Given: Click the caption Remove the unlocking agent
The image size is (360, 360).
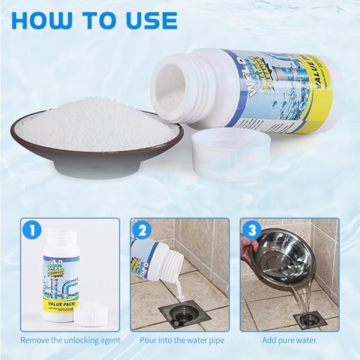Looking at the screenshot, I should pyautogui.click(x=71, y=340).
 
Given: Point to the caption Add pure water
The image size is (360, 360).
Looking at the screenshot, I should pyautogui.click(x=289, y=340).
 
